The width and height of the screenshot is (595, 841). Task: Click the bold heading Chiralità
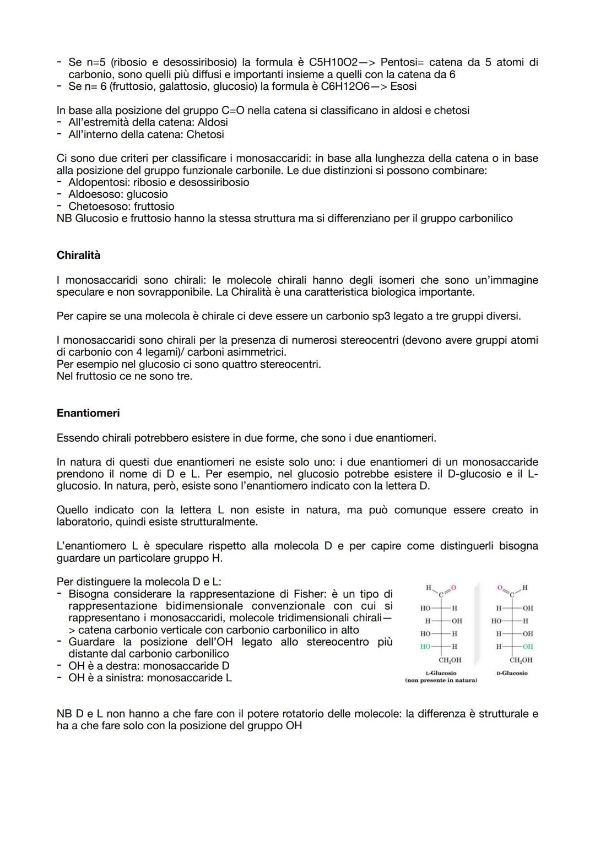78,256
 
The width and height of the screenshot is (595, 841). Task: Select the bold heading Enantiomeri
88,413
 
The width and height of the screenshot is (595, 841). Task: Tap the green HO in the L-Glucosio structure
425,647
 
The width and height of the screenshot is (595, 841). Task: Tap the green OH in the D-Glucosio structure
528,647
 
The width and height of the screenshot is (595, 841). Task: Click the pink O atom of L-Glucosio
454,588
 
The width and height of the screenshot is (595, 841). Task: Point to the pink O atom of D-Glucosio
500,588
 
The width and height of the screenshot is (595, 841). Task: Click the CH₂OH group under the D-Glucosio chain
521,660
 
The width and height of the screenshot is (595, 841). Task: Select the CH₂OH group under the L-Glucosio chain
450,660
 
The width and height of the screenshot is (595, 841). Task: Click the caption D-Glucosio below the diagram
512,673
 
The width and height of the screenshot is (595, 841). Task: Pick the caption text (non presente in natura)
441,680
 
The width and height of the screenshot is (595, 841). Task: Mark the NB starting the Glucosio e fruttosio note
64,219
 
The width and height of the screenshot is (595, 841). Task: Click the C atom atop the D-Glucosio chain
512,594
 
